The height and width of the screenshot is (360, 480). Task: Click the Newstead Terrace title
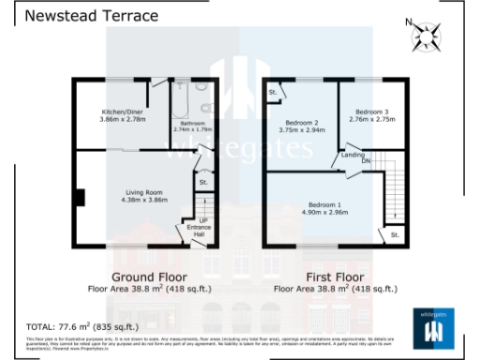(78, 16)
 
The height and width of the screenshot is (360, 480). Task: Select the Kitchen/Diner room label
(124, 112)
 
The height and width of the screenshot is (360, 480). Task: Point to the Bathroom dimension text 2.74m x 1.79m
(195, 129)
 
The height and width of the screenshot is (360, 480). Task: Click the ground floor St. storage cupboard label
(203, 182)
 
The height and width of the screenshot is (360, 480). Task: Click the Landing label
(353, 154)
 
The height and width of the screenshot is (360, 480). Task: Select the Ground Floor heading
(149, 277)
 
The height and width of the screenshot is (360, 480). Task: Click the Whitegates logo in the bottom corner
(433, 329)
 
